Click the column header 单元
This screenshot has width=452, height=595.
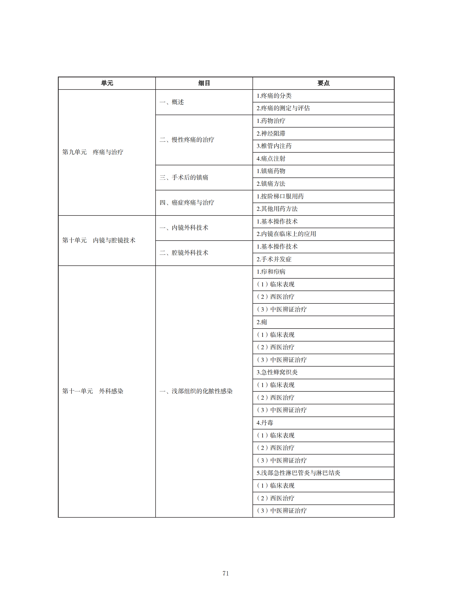[107, 83]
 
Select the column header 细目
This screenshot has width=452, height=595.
[204, 83]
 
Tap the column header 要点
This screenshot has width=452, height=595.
[323, 83]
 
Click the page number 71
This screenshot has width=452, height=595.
[225, 573]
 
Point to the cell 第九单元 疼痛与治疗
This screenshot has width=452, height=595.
[93, 152]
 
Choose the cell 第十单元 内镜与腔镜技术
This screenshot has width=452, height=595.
[98, 240]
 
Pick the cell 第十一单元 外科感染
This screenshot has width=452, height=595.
[93, 391]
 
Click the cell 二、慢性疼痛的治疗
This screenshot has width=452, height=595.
[187, 140]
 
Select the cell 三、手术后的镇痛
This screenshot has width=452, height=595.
[184, 177]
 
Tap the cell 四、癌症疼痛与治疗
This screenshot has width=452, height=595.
[187, 203]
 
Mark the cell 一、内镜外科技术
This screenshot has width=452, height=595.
[184, 228]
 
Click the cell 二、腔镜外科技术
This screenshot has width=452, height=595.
[184, 253]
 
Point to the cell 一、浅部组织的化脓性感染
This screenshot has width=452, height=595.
[196, 391]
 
